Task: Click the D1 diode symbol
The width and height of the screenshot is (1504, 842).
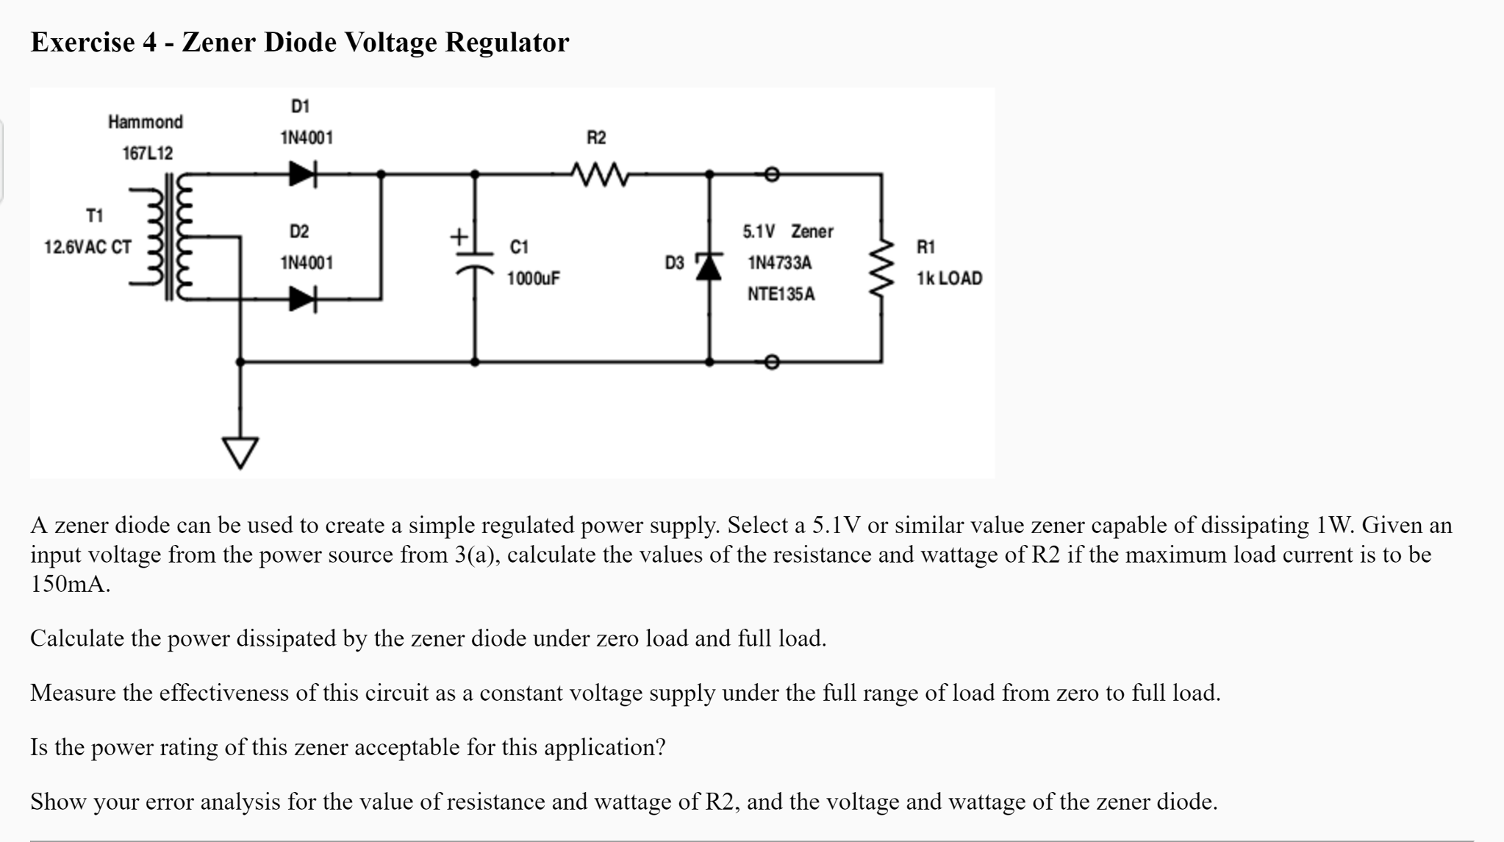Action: click(302, 174)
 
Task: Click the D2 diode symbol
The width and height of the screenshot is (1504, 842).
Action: click(302, 299)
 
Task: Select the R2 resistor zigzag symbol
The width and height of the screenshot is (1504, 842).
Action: click(600, 175)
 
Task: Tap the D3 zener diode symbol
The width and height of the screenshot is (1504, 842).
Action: click(709, 266)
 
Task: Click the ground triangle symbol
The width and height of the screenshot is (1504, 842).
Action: click(240, 452)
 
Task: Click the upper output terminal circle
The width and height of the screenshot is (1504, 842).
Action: click(770, 174)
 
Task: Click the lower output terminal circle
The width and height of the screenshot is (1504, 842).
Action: click(770, 362)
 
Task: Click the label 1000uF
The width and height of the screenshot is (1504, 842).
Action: click(533, 279)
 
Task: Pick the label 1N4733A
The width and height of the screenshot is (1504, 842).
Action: click(779, 263)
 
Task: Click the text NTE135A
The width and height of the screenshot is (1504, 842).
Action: click(781, 294)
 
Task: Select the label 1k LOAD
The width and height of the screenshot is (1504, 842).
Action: click(949, 279)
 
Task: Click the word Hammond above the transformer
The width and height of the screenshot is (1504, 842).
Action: click(146, 122)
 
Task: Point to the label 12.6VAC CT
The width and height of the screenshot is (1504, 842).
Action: click(87, 247)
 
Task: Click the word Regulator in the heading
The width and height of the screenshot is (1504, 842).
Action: click(507, 43)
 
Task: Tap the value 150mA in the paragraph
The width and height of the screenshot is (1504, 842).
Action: click(70, 585)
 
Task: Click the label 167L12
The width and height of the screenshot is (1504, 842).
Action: click(147, 154)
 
